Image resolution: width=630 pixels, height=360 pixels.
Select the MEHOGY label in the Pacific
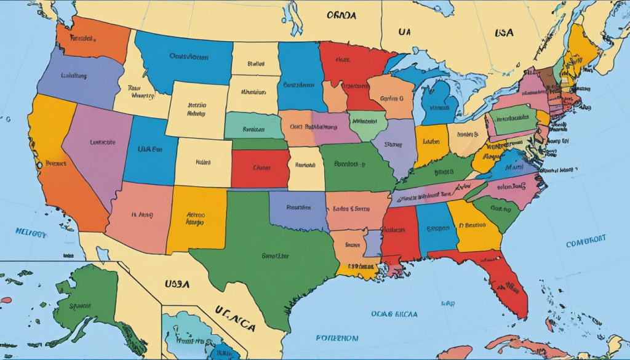31,233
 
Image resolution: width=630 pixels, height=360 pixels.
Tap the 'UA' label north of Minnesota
405,32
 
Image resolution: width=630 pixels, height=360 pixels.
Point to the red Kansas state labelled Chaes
261,167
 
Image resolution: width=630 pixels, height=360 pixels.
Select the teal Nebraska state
253,127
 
